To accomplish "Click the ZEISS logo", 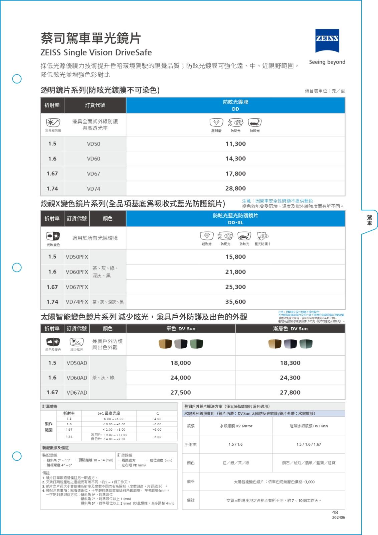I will point(327,40).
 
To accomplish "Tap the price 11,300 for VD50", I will point(235,144).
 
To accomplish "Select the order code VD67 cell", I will point(93,174).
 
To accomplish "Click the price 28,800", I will point(235,188).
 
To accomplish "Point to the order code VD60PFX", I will point(77,272).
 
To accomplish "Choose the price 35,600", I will point(235,302).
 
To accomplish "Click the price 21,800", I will point(235,272).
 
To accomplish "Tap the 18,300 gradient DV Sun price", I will point(290,363).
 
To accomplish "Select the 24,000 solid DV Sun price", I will point(180,378).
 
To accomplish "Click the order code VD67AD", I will point(77,393).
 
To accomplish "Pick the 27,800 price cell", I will point(290,393).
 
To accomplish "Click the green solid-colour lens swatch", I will point(196,344).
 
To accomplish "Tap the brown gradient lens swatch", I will point(275,344).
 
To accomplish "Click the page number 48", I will point(335,512).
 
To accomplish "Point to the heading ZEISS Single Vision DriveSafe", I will point(96,52).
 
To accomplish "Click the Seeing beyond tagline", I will point(327,62).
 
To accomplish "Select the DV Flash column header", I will point(309,426).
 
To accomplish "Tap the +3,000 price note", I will point(274,482).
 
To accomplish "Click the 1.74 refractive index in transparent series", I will point(52,189).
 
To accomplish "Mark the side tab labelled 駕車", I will point(369,220).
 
